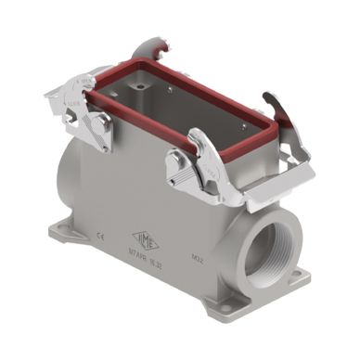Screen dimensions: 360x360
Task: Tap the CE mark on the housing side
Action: pyautogui.click(x=99, y=237)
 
